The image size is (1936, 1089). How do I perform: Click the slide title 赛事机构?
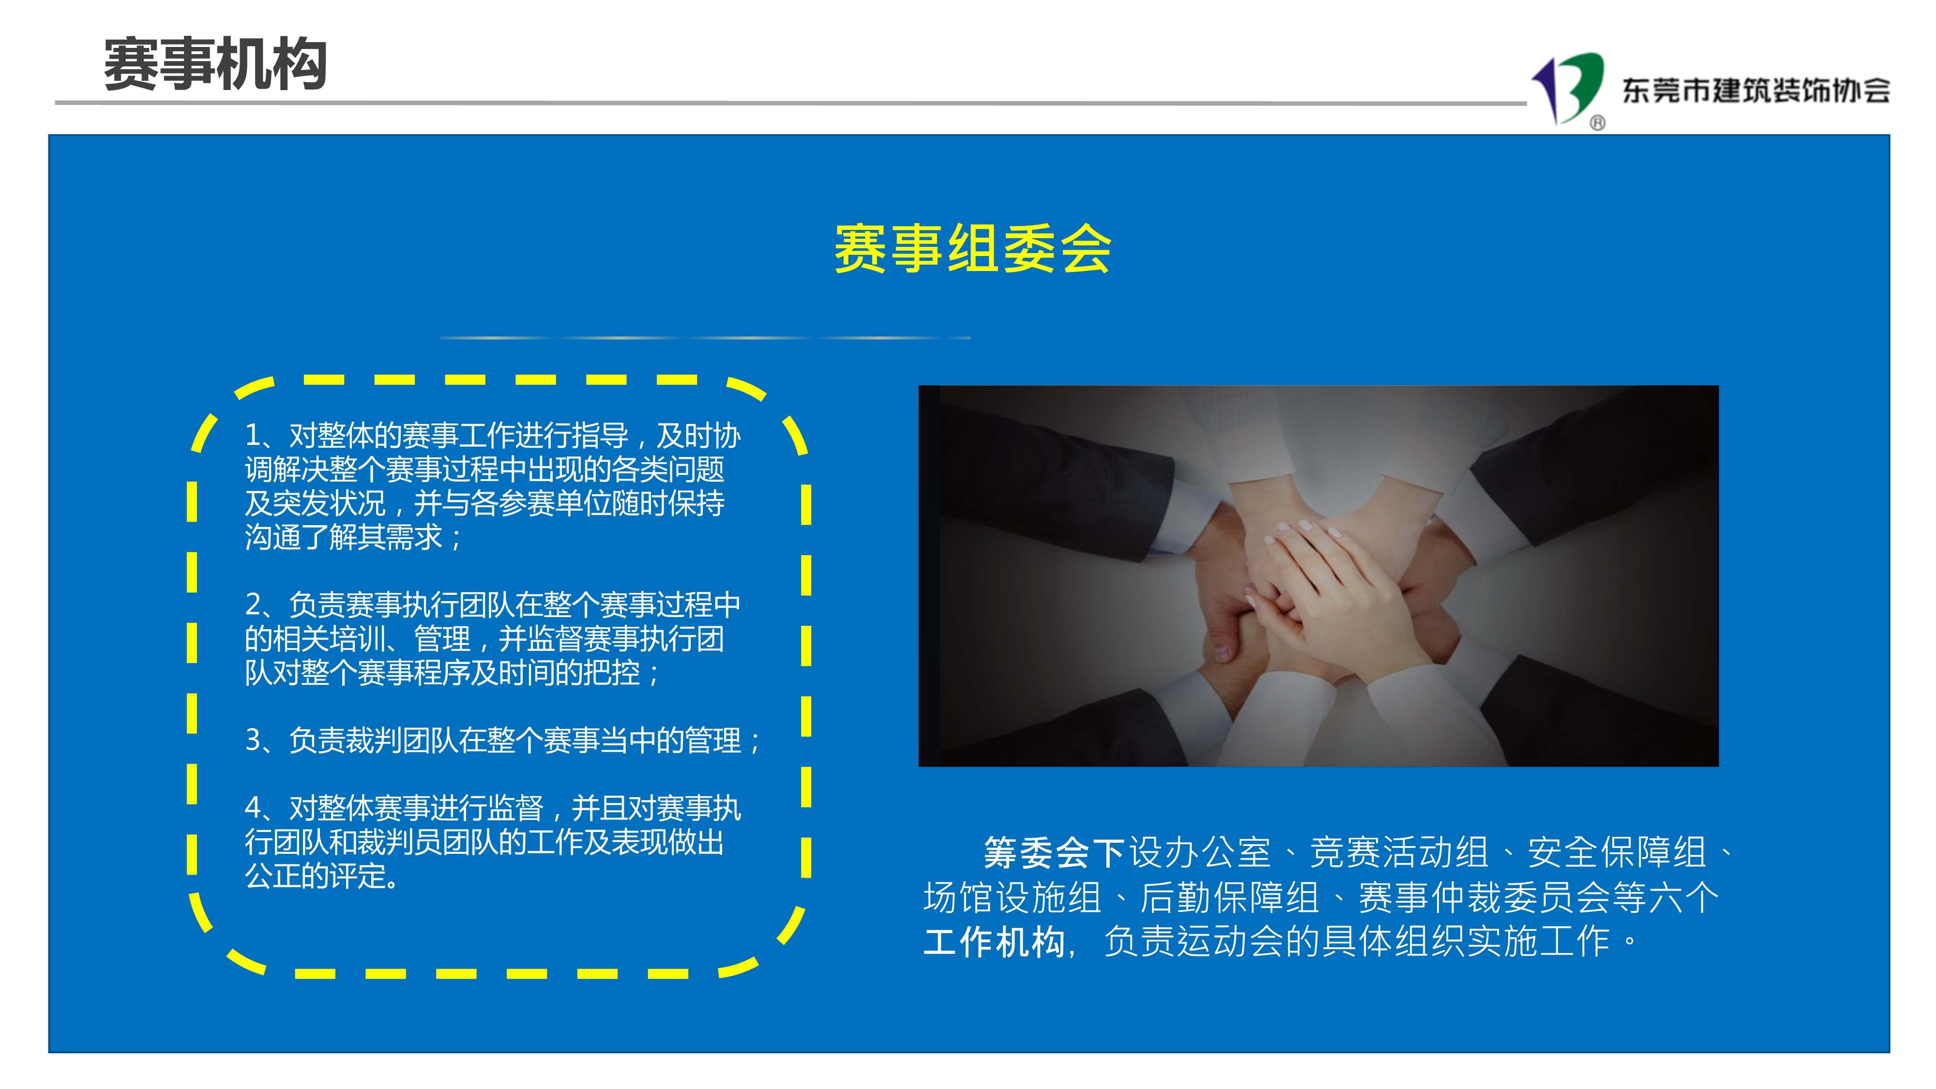click(x=215, y=65)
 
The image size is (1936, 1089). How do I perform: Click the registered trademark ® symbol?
click(x=1598, y=122)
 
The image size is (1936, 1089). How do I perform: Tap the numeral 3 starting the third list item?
click(x=253, y=741)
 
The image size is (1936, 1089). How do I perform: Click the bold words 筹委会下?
click(x=1055, y=853)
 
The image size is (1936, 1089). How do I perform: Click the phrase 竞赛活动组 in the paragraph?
click(x=1399, y=853)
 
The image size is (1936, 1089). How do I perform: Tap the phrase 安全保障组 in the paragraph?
click(x=1618, y=853)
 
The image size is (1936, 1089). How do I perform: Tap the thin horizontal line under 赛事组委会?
click(x=705, y=338)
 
